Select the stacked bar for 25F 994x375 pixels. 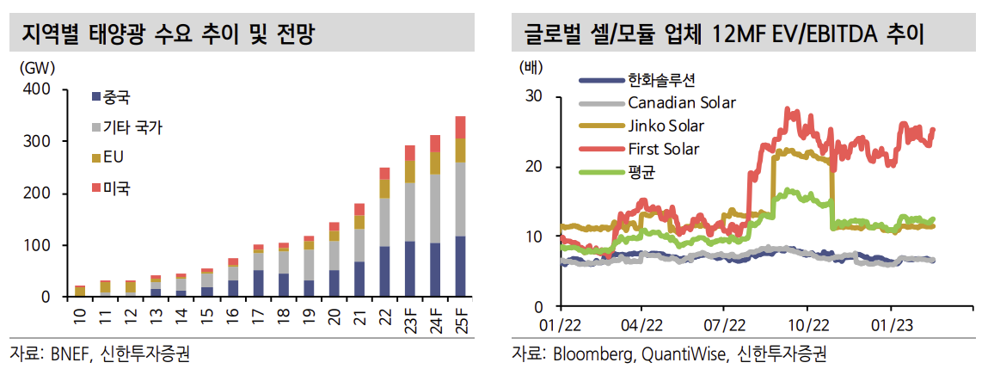coord(460,206)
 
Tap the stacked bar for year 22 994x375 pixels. coord(384,232)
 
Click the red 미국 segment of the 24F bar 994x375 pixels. coord(435,144)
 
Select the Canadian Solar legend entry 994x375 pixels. coord(682,103)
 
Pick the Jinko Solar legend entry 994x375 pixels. coord(666,126)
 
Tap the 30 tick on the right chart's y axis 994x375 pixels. coord(533,96)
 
